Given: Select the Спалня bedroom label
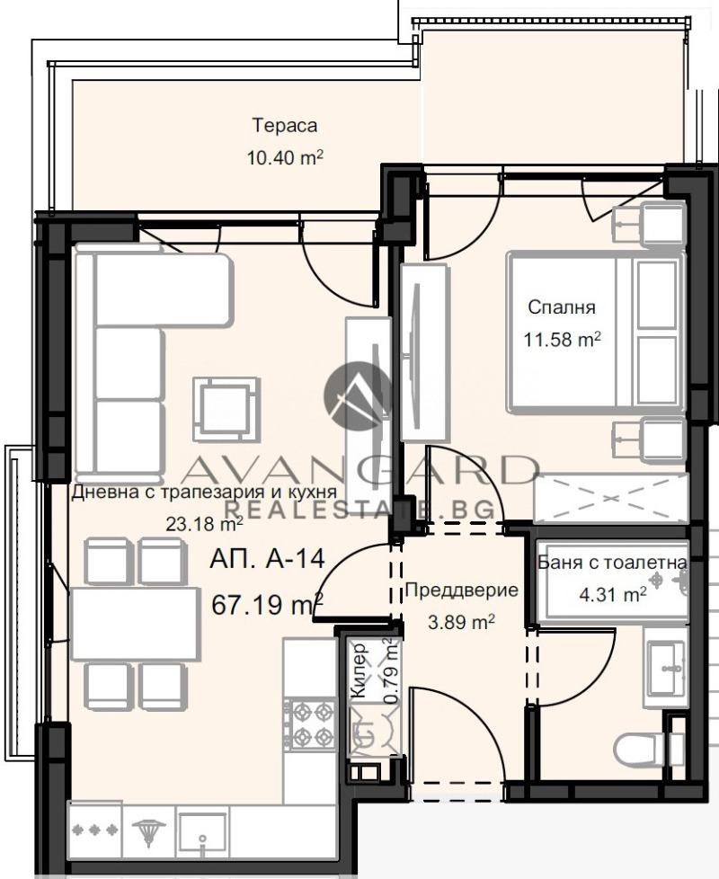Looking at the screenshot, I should (x=562, y=307).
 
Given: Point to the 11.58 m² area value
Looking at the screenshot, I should (x=562, y=341).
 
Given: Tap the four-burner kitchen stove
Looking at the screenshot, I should (x=310, y=725).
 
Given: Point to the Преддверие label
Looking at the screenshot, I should (x=461, y=590).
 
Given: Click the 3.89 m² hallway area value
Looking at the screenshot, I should (x=461, y=621).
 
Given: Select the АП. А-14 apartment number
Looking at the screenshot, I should (x=266, y=560).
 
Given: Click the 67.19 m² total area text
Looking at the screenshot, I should (x=267, y=603).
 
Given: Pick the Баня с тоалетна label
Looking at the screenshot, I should (x=613, y=564).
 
